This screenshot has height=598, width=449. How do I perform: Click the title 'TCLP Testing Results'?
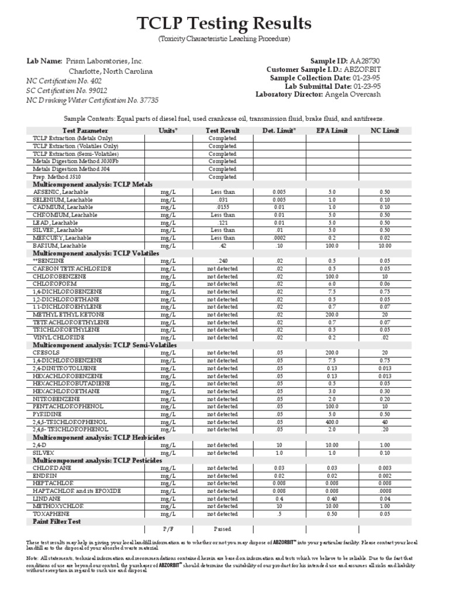tap(224, 23)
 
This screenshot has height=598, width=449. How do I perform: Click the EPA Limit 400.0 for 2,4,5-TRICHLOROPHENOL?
tap(331, 422)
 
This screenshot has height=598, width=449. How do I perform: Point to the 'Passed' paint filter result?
tap(223, 529)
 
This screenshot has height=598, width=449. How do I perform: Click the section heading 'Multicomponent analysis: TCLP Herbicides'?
tap(99, 437)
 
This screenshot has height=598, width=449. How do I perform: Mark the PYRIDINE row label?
tap(48, 414)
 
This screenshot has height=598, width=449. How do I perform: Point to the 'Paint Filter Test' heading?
tap(57, 521)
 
